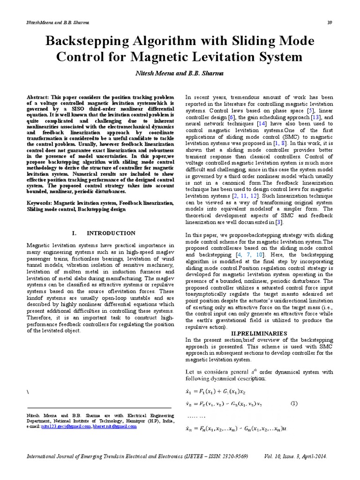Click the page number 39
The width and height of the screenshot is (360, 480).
point(330,23)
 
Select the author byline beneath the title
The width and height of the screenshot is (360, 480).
point(180,73)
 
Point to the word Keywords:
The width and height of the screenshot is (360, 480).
point(39,204)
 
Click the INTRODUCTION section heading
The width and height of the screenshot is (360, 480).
point(112,233)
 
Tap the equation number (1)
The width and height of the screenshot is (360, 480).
point(294,403)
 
